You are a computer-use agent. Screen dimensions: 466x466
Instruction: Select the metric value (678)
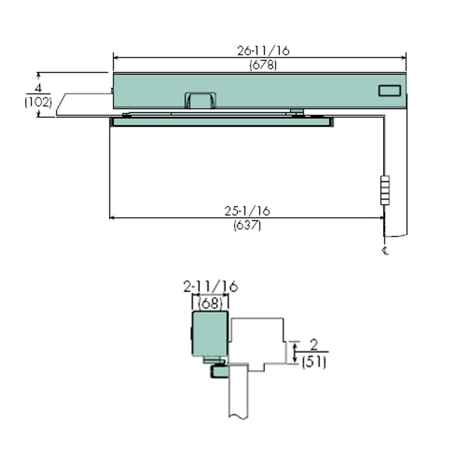263,65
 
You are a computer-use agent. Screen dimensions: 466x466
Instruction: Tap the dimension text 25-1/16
247,211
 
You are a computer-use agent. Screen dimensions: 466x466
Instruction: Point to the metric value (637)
247,225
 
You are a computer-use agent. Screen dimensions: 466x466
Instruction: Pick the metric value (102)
38,102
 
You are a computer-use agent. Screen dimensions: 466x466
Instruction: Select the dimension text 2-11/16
210,287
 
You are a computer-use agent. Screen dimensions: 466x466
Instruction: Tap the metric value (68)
210,303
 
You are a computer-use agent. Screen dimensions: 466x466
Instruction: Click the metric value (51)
314,362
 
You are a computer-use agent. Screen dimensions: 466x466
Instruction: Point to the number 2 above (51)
314,344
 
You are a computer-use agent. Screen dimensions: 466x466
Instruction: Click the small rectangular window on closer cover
390,91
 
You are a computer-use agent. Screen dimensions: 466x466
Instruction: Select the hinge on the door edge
385,190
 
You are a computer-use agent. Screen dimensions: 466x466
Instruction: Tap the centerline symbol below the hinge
386,250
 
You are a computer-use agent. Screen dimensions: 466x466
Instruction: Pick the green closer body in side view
210,333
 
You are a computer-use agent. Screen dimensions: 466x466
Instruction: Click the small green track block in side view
219,372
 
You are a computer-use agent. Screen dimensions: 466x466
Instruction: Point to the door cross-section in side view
238,393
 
